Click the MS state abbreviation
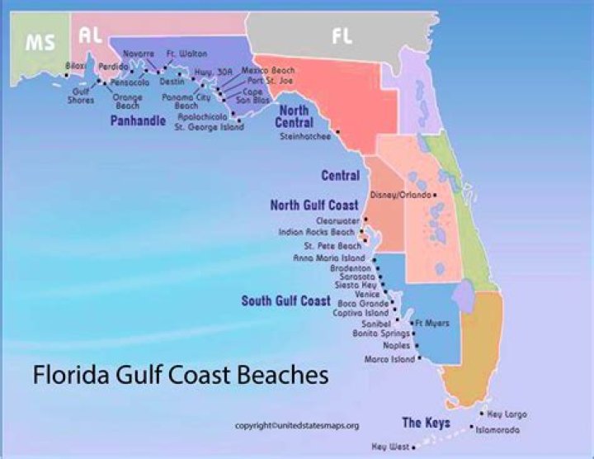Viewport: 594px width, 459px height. click(x=40, y=43)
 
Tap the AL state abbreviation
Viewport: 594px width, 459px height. click(x=90, y=35)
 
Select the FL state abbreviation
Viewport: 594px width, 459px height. click(x=342, y=35)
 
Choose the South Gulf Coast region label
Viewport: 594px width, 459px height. click(x=285, y=300)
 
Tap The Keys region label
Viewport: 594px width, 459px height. click(x=426, y=424)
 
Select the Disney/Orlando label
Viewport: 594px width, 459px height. click(x=401, y=195)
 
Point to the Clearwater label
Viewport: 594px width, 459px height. click(x=338, y=221)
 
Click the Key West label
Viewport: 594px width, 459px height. click(x=389, y=447)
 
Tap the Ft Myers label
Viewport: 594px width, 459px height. click(x=433, y=323)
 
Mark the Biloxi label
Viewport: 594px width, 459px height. click(x=75, y=65)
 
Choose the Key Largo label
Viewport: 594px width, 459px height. click(x=507, y=414)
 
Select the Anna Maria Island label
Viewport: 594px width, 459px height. click(x=328, y=258)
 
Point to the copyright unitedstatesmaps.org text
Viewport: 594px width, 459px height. click(x=297, y=425)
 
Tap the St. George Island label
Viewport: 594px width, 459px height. click(x=209, y=127)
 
